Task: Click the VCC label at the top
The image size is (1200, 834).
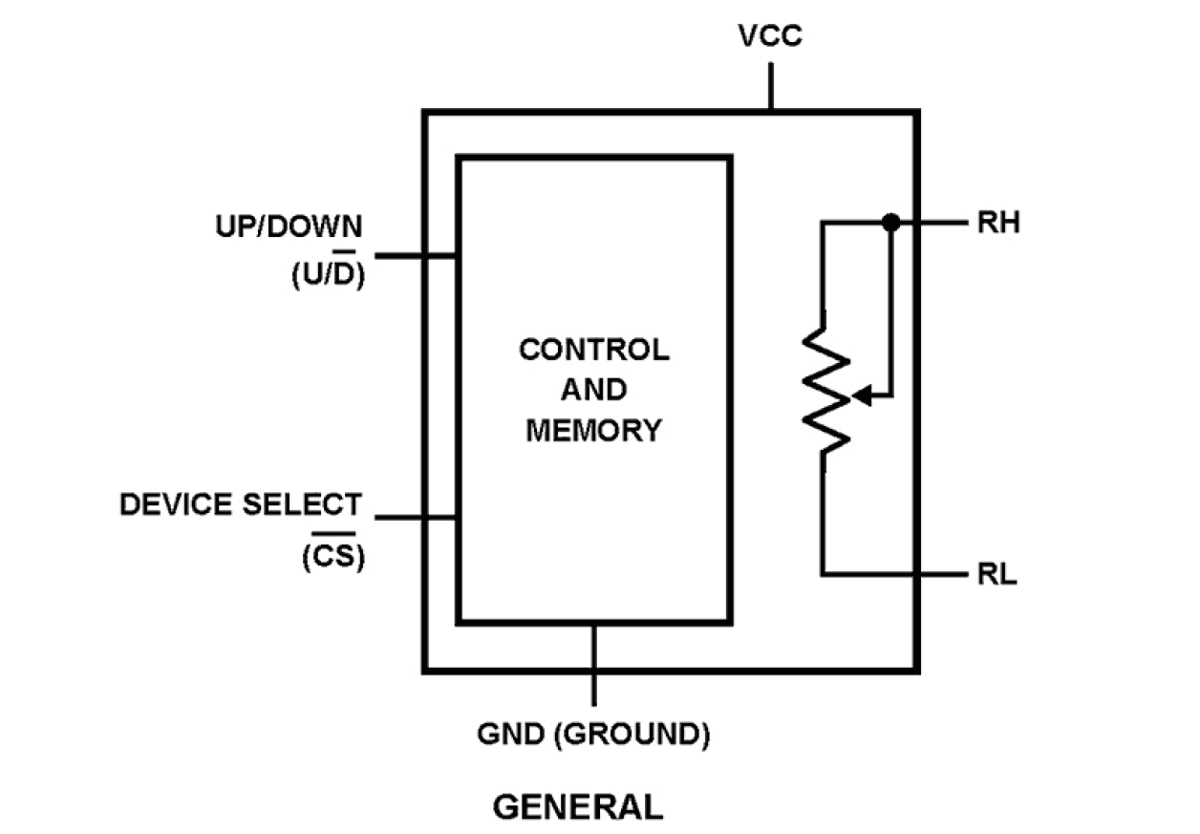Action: [770, 37]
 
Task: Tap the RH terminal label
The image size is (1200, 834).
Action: [998, 224]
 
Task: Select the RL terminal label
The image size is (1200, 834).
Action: [996, 576]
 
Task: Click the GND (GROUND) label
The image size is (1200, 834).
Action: [593, 735]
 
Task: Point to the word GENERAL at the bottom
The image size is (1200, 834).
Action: [578, 807]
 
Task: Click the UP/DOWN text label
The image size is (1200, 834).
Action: [289, 226]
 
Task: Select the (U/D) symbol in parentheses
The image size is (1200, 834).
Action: [327, 275]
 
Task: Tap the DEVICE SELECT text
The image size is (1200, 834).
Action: [241, 504]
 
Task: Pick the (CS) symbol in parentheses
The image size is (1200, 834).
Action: [333, 556]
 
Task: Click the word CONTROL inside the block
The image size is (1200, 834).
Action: [594, 350]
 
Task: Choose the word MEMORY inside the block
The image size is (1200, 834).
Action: [594, 431]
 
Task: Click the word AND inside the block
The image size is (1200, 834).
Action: [594, 390]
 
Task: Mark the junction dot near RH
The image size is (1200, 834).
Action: [890, 223]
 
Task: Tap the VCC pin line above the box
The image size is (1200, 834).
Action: [770, 88]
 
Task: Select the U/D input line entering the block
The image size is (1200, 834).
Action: [417, 256]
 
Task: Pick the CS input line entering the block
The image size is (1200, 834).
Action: [417, 518]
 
